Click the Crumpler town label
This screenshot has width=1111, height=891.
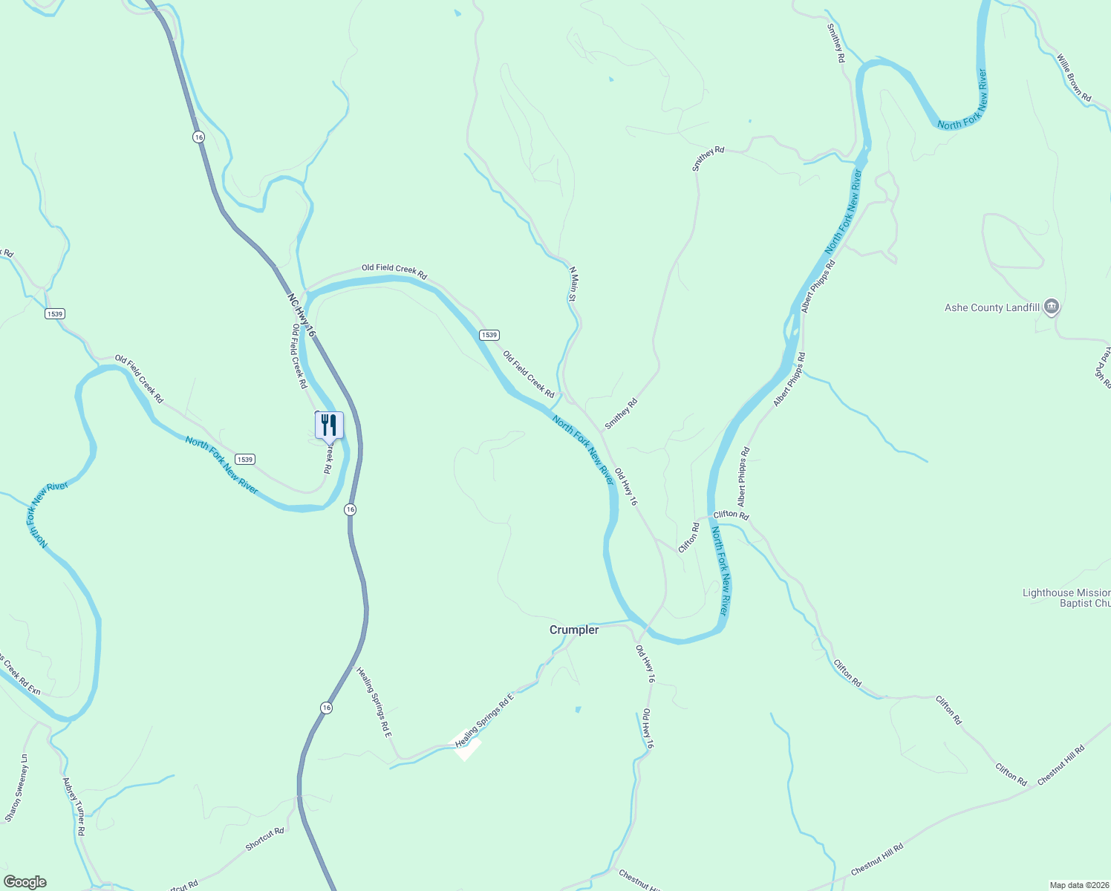(x=573, y=630)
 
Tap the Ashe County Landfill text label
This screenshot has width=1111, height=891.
(x=991, y=307)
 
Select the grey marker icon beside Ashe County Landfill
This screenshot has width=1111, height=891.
(x=1051, y=307)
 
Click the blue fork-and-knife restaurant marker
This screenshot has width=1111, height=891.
(x=329, y=426)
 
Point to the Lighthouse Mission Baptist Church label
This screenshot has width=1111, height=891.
(x=1066, y=598)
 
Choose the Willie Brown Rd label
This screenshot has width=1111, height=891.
(x=1074, y=77)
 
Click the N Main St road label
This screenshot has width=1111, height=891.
(x=573, y=284)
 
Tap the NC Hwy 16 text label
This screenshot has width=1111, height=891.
(x=302, y=315)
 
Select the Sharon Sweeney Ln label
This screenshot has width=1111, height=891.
(x=16, y=789)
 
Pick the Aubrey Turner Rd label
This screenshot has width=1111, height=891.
(x=74, y=806)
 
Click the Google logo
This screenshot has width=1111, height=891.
(x=25, y=881)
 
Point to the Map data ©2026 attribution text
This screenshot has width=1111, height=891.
(x=1078, y=885)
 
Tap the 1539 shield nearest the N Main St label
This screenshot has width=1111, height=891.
(x=488, y=335)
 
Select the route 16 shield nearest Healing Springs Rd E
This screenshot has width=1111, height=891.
(x=327, y=708)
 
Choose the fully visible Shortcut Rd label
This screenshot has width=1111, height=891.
(x=264, y=839)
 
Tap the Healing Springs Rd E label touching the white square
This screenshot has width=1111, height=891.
(x=484, y=720)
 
